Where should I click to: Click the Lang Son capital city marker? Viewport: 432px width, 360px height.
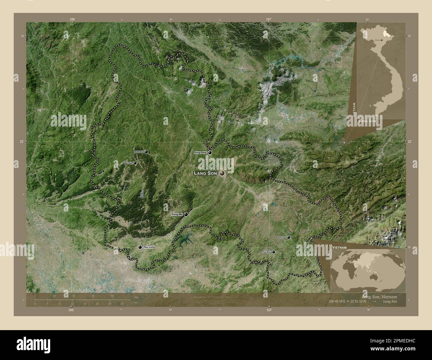click(222, 173)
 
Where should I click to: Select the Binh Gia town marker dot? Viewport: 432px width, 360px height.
click(146, 152)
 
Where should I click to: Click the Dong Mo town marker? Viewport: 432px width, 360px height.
click(186, 215)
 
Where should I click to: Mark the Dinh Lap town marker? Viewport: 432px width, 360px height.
click(288, 237)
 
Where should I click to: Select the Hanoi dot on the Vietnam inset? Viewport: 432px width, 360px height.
click(381, 40)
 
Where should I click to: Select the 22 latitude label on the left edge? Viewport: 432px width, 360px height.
click(21, 141)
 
